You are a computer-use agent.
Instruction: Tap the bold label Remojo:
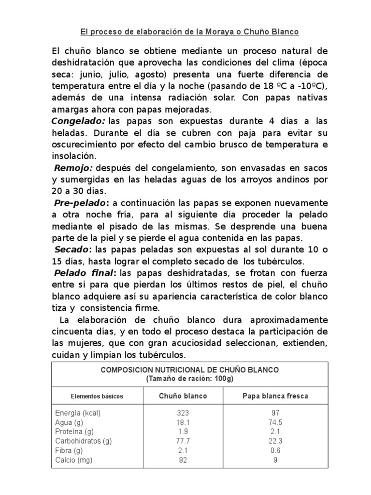point(74,168)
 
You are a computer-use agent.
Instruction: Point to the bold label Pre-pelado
point(78,202)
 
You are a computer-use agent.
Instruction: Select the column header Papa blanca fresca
point(275,396)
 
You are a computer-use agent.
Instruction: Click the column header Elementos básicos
point(97,396)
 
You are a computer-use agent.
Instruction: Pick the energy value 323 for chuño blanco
point(183,413)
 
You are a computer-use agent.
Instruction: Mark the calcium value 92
point(183,460)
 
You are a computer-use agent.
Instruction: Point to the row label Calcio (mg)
point(73,460)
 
